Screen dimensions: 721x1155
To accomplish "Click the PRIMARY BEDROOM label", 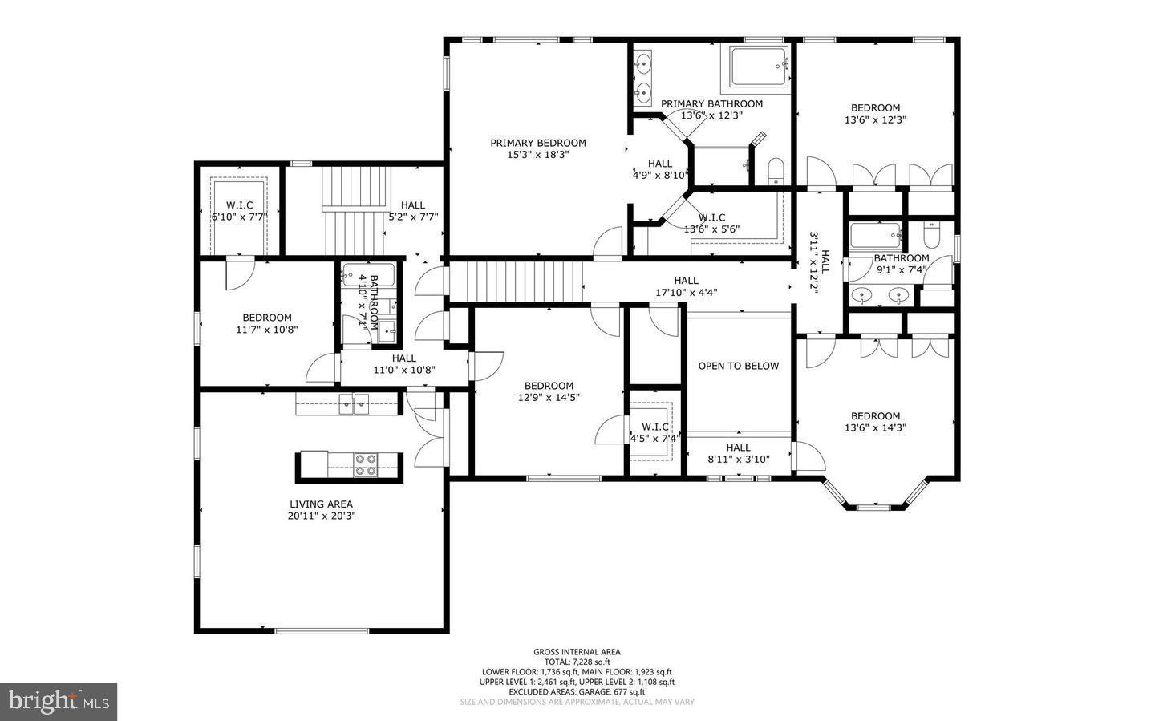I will click(x=538, y=143).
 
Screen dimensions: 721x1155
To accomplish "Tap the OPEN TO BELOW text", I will click(x=738, y=366).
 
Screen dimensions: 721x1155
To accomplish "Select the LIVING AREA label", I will click(x=321, y=504).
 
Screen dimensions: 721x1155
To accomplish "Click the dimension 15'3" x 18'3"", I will click(x=538, y=155).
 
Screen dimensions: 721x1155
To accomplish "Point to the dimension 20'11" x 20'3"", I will click(x=321, y=516).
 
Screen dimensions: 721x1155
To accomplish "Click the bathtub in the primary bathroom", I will click(x=758, y=67).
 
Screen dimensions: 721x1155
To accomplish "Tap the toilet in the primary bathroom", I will click(x=776, y=171).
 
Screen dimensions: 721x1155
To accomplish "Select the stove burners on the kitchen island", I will click(x=366, y=465).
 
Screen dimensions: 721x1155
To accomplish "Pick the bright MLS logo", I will click(x=59, y=702).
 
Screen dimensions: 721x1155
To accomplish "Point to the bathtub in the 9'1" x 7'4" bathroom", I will click(x=876, y=236).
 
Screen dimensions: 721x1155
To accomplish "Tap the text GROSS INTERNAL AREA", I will click(x=577, y=652).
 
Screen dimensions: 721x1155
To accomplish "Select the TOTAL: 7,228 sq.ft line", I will click(x=577, y=662).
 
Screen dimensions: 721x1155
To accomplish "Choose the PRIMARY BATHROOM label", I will click(x=711, y=103).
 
